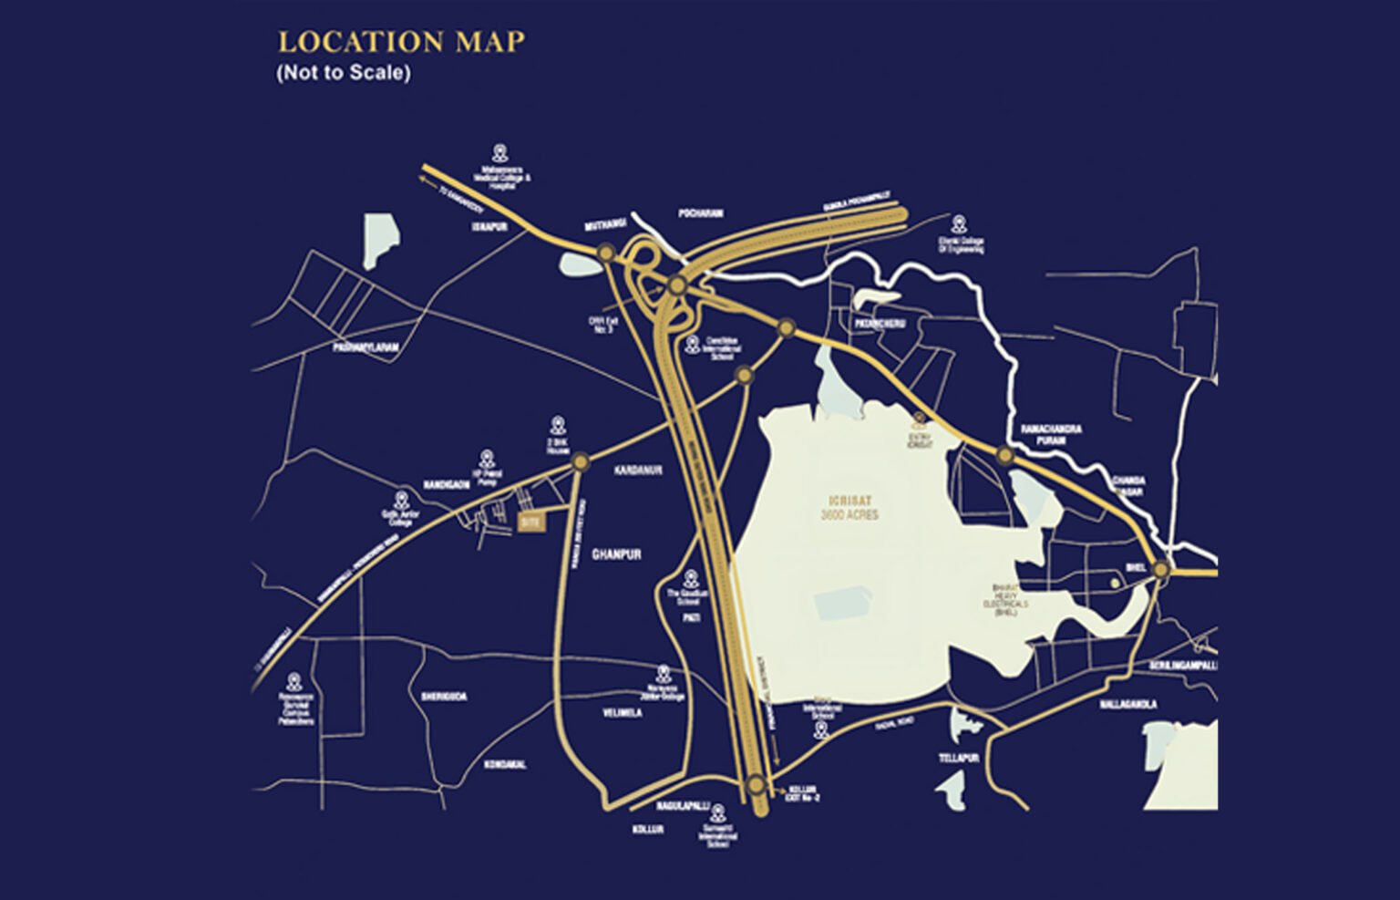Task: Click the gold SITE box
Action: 530,522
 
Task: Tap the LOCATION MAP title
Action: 401,43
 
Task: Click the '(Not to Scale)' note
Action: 344,73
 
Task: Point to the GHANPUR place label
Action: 617,554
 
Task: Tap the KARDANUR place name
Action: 638,471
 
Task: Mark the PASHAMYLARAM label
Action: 365,348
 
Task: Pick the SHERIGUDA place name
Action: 444,697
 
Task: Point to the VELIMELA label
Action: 623,713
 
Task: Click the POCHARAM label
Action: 701,213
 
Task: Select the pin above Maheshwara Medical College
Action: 499,152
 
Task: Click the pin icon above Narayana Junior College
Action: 664,672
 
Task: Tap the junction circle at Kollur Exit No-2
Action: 756,785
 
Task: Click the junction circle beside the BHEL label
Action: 1160,570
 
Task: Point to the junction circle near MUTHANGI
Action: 605,253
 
